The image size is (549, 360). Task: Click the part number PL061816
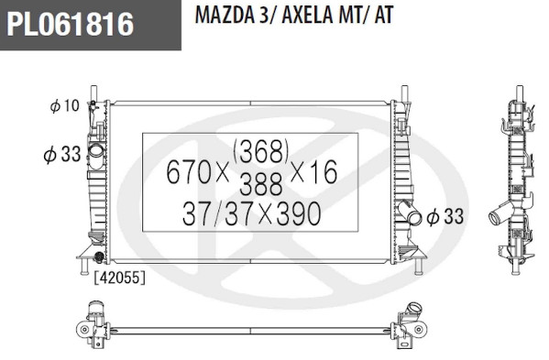70,24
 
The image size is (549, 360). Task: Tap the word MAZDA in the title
225,15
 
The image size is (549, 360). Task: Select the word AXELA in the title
307,15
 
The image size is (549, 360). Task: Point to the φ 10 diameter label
65,105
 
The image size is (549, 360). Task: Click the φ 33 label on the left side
62,154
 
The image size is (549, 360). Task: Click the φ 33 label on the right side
445,216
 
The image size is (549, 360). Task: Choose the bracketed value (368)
261,151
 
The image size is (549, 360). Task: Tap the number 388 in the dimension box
261,184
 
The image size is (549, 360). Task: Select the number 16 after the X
323,172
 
